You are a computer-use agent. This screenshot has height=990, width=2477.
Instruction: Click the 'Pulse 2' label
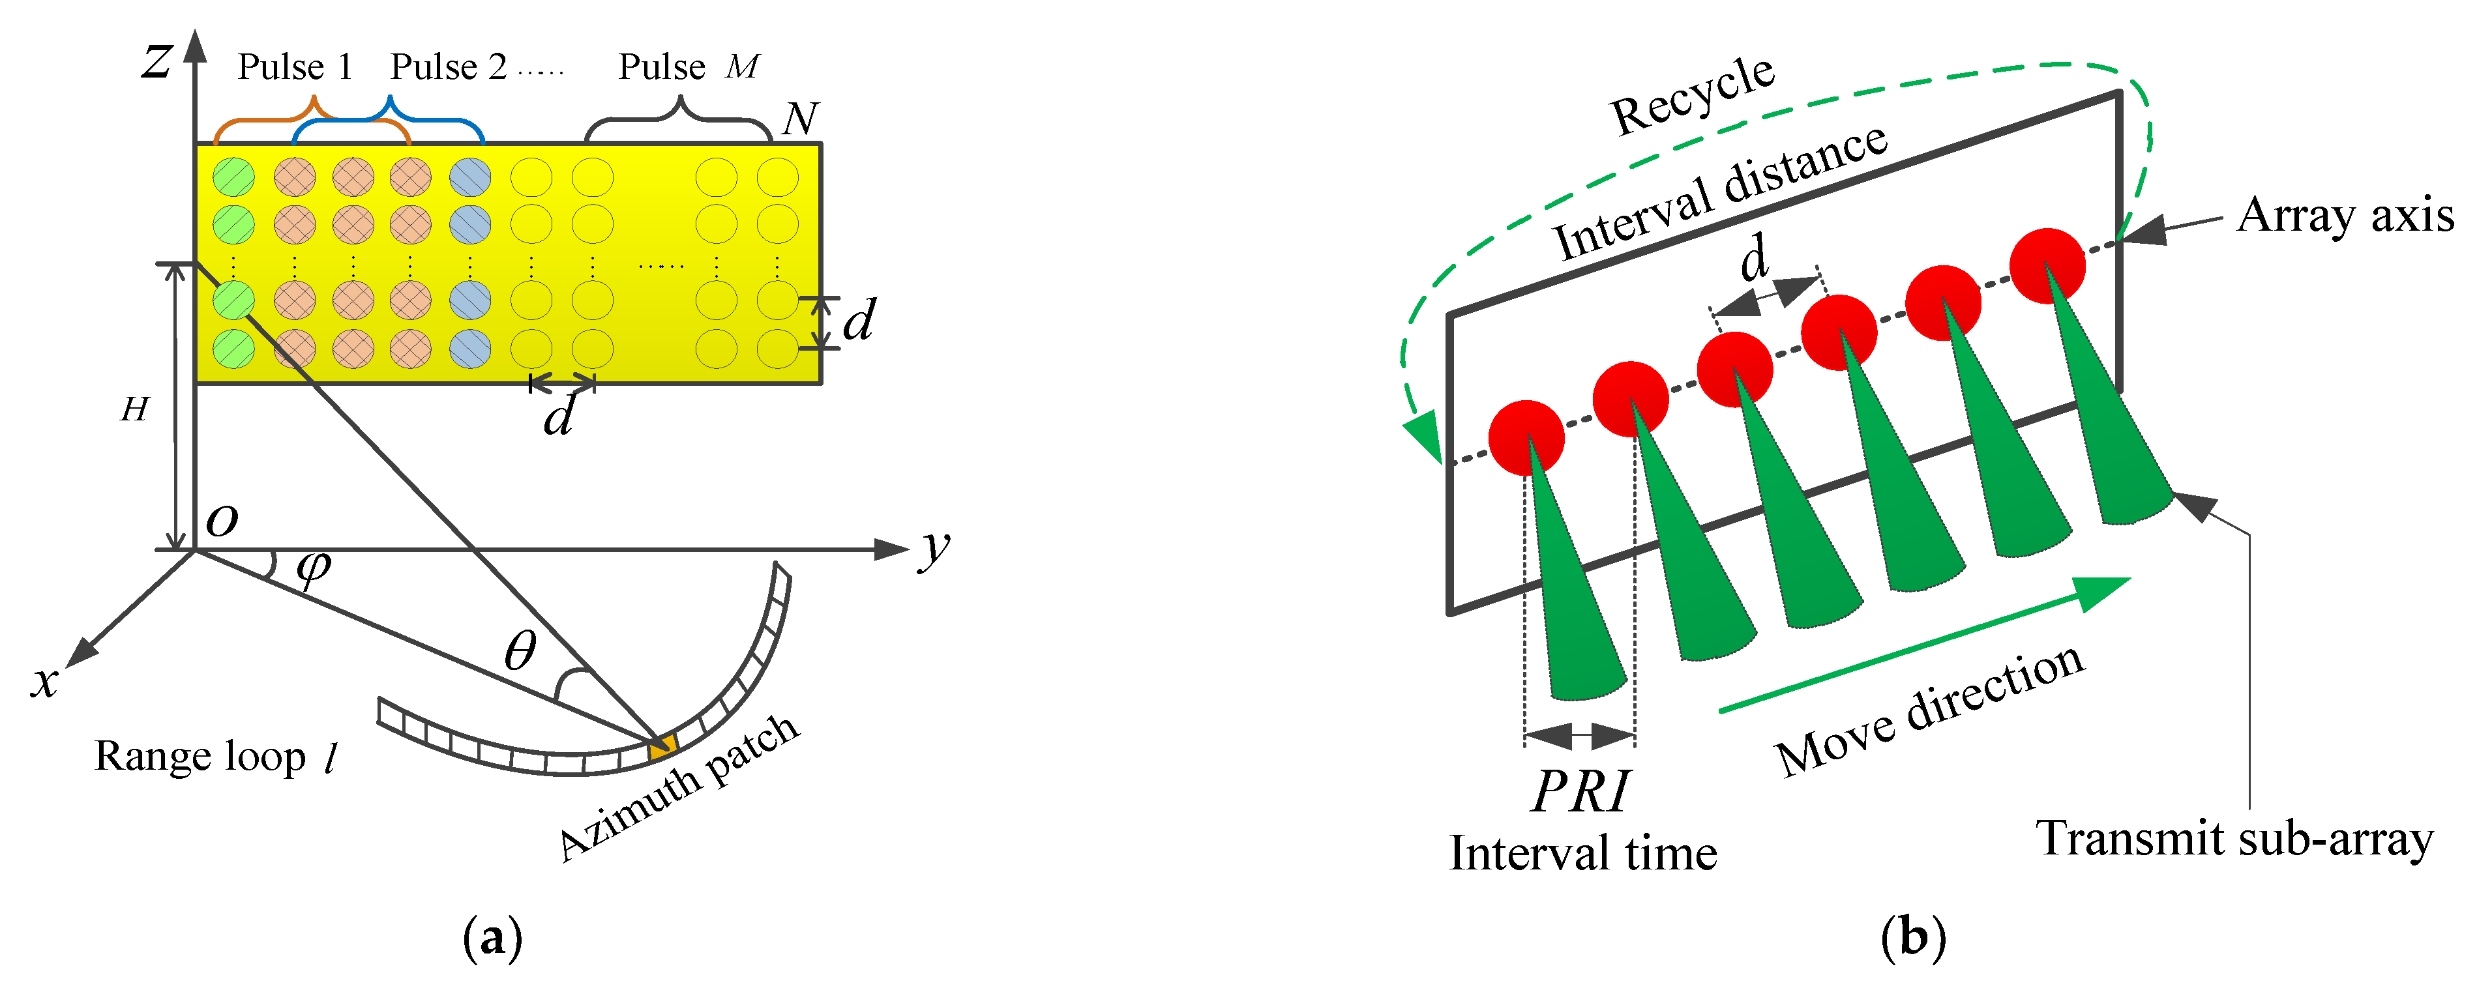point(448,67)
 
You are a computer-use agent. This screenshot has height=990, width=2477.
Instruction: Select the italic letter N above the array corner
point(800,119)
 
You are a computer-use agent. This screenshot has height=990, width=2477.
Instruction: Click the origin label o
point(222,520)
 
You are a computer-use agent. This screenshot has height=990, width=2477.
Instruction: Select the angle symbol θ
point(520,652)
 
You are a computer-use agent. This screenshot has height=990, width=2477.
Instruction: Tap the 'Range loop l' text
point(216,757)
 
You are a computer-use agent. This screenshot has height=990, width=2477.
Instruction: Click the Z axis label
point(156,61)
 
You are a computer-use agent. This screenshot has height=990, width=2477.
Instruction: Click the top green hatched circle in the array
point(233,177)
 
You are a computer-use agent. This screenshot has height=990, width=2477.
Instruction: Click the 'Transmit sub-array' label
point(2234,838)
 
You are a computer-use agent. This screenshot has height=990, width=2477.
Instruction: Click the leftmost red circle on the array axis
point(1526,437)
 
